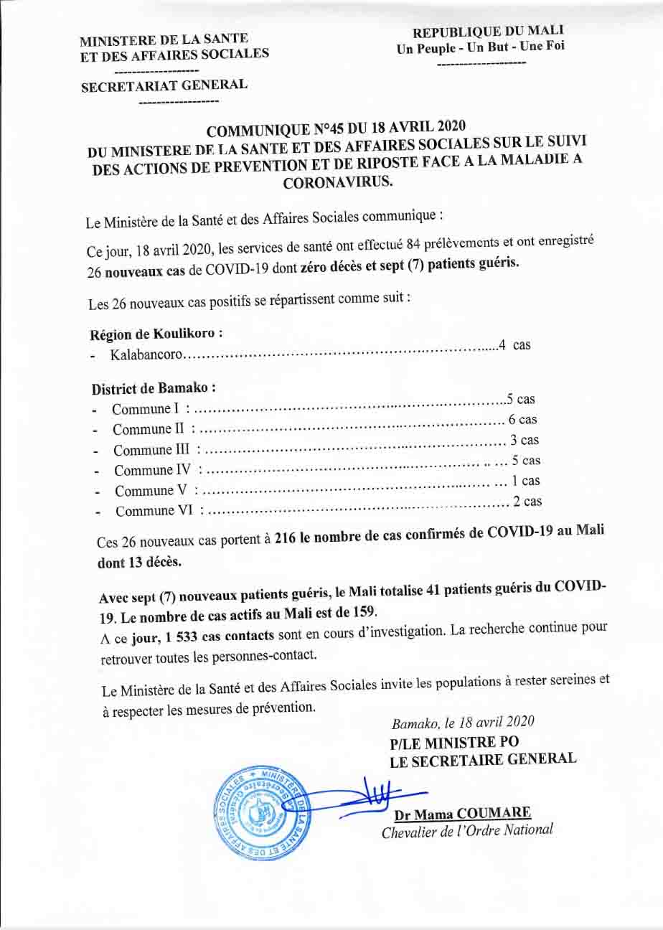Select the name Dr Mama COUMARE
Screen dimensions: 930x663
463,814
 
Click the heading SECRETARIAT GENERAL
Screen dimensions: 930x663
164,85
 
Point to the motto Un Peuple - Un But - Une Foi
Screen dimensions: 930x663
481,47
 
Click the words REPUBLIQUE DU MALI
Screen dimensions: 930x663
488,31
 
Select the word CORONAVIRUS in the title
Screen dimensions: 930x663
339,182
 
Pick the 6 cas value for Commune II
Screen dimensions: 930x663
522,420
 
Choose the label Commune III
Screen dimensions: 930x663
154,451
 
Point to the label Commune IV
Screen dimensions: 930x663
155,471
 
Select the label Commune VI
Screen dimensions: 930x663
156,512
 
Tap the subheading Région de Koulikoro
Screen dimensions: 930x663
155,334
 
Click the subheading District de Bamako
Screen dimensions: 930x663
154,388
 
